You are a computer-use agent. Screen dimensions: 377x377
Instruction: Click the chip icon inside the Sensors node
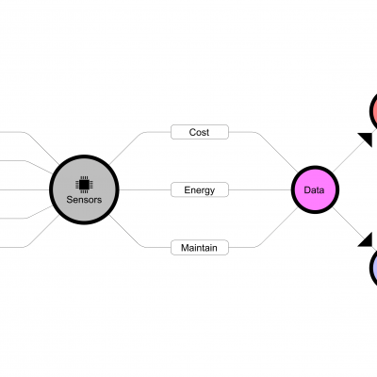(x=84, y=185)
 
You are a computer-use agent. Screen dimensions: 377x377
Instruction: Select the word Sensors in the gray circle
(x=84, y=200)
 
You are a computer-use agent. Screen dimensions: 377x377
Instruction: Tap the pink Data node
(x=315, y=189)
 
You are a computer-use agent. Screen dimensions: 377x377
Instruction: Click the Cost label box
(x=200, y=132)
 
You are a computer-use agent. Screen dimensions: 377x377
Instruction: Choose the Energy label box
(x=200, y=189)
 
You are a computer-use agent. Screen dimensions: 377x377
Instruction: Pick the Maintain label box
(x=200, y=248)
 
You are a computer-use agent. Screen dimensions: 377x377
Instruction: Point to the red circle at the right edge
(x=373, y=110)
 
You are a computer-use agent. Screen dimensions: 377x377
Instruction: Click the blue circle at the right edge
(x=373, y=268)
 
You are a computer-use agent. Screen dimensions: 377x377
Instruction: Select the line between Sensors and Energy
(x=145, y=189)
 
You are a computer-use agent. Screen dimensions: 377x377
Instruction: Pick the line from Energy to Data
(x=260, y=189)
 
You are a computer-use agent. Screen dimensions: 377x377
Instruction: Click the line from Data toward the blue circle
(x=348, y=223)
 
